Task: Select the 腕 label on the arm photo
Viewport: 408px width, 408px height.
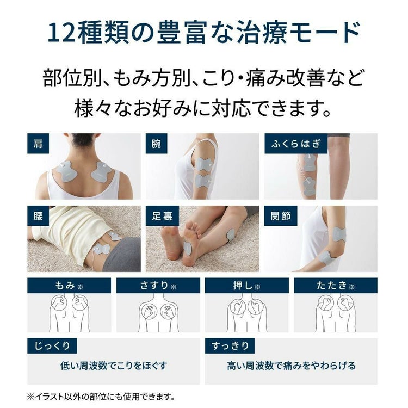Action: [x=156, y=144]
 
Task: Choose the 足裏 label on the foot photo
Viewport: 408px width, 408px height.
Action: [x=162, y=216]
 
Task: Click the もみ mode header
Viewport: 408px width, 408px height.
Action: [x=69, y=286]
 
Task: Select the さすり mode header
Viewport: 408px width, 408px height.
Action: [x=158, y=286]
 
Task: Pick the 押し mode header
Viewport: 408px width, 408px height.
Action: [x=246, y=286]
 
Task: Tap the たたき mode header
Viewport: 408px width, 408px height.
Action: [x=335, y=286]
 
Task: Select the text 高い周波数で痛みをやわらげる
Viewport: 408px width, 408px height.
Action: [x=291, y=366]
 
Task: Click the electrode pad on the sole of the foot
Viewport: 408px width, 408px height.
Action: [x=187, y=248]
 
